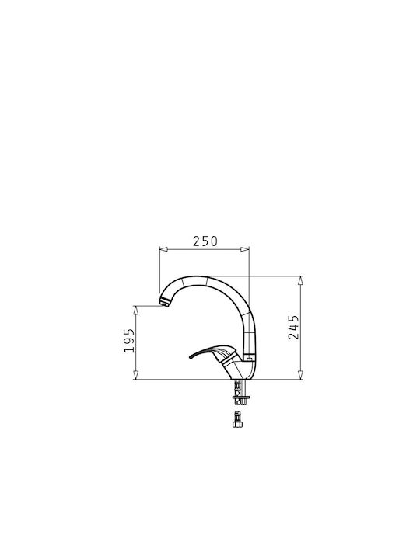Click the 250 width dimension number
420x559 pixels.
pos(205,241)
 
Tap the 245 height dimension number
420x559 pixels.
pos(293,327)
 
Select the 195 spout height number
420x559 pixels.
pos(129,341)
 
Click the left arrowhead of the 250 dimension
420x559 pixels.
pos(163,249)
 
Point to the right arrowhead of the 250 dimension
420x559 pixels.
pos(245,249)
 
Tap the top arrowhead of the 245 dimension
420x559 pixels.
pos(300,280)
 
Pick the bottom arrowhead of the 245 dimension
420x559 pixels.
pos(300,375)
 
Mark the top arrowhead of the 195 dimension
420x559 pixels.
pos(135,310)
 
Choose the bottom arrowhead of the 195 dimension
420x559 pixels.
pos(135,375)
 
